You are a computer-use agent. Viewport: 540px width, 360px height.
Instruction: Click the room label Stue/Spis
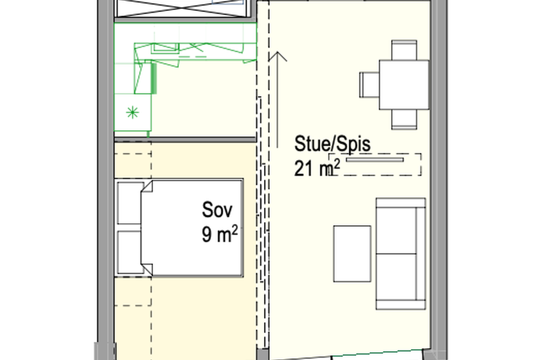coord(332,145)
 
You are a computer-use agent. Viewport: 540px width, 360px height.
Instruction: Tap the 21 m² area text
coord(317,168)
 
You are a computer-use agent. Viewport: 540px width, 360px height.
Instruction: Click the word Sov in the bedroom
coord(217,209)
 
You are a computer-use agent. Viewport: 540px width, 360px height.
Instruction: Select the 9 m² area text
coord(220,234)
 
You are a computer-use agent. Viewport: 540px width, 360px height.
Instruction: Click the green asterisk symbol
coord(133,113)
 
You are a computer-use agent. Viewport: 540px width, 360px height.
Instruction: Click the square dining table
coord(404,85)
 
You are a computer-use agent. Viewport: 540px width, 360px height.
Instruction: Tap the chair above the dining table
coord(404,50)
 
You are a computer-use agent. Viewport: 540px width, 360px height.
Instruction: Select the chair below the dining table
coord(404,119)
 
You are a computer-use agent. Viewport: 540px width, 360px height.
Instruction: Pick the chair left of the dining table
coord(370,85)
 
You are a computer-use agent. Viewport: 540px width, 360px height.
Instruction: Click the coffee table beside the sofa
coord(352,254)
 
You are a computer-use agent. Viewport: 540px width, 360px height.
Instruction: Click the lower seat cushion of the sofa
coord(397,277)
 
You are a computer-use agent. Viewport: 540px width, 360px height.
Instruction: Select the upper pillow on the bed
coord(131,203)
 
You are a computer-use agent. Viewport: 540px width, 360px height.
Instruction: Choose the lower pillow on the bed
coord(131,252)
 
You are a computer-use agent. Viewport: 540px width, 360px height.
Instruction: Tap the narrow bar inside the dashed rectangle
coord(374,160)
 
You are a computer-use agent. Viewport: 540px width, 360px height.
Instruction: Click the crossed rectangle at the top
coord(181,8)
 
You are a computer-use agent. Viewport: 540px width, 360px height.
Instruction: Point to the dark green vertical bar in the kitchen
coord(154,78)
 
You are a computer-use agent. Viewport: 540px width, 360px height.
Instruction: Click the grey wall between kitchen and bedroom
coord(185,139)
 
